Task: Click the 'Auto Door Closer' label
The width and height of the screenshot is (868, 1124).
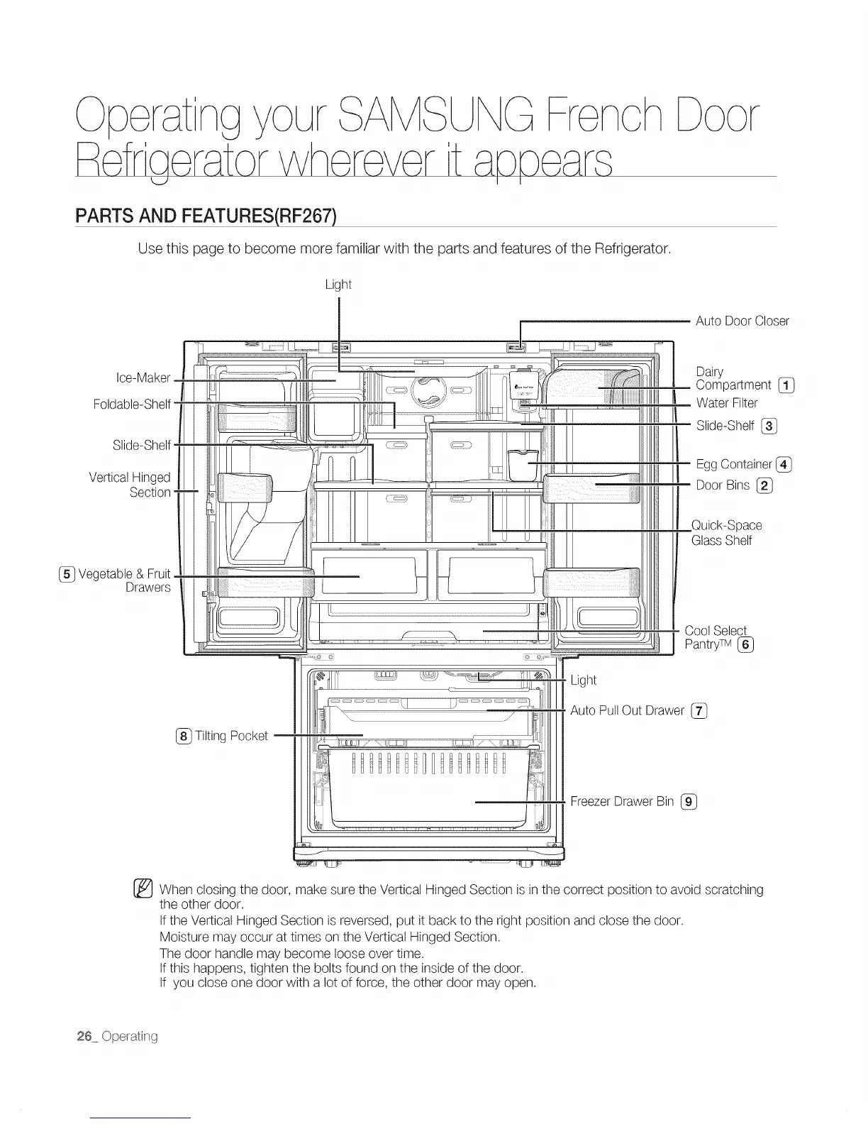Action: tap(742, 321)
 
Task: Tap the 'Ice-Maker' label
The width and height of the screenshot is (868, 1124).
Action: tap(143, 378)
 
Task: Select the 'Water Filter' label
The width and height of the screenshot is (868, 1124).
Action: tap(727, 403)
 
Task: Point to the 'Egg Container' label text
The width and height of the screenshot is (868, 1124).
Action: tap(734, 464)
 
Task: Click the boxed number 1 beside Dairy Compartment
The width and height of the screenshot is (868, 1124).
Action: tap(786, 385)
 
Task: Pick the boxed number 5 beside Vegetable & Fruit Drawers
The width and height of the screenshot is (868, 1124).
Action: tap(67, 574)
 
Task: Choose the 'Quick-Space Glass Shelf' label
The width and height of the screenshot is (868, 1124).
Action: tap(726, 533)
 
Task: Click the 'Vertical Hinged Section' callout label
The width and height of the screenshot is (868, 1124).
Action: tap(130, 485)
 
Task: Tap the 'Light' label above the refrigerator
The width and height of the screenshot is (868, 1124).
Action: tap(338, 285)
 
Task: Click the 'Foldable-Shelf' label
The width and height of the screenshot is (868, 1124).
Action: tap(132, 404)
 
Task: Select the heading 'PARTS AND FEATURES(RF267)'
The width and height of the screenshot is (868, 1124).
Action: tap(205, 215)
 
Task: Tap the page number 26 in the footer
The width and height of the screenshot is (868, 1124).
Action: tap(84, 1036)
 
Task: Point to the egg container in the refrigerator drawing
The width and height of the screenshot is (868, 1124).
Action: tap(522, 465)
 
